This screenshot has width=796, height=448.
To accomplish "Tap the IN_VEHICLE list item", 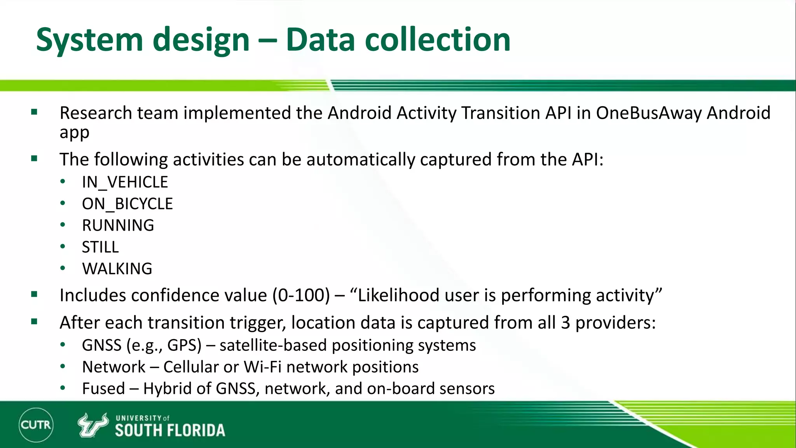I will (x=125, y=182).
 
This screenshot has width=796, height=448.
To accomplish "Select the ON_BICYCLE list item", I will (x=127, y=204).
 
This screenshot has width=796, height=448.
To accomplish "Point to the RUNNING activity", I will (x=118, y=226).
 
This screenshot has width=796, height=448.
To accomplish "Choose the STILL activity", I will (x=100, y=247).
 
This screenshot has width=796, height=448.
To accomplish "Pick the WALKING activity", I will (x=117, y=269).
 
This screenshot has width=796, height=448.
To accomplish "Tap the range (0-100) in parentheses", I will (x=301, y=295).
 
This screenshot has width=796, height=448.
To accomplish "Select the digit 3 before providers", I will (x=565, y=323).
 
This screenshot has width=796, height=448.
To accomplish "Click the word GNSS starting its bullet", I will (x=101, y=345).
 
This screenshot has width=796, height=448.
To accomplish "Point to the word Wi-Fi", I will (x=262, y=367).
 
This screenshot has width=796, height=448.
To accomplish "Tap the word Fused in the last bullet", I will (x=103, y=388).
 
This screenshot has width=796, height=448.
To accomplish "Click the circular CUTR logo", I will (x=36, y=425).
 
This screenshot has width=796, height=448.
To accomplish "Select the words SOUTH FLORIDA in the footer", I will (x=170, y=430).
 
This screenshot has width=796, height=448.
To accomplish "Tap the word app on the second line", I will (x=74, y=133).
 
